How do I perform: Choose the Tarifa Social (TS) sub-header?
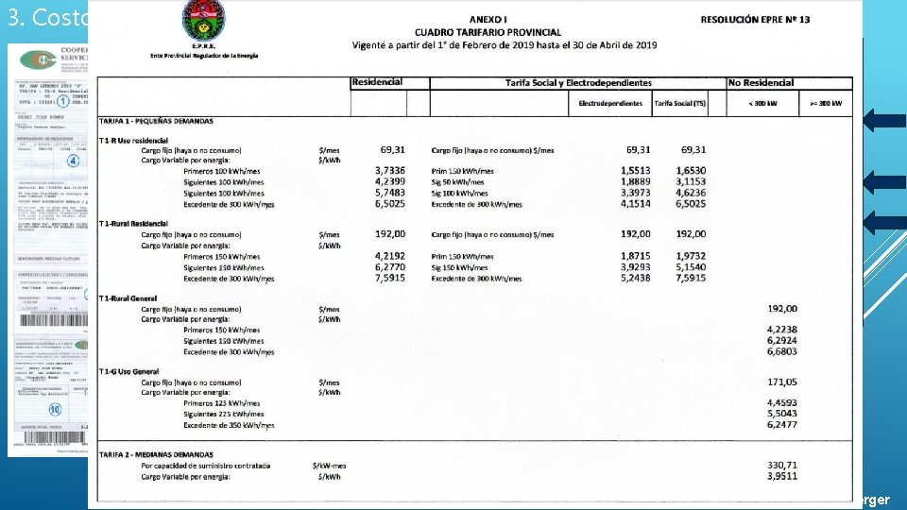click(x=678, y=103)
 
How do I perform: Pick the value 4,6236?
click(x=693, y=193)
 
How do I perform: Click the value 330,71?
click(x=783, y=466)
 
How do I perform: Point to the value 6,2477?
click(x=783, y=425)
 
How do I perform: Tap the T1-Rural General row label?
click(x=136, y=298)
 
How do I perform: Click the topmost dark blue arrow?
click(x=882, y=120)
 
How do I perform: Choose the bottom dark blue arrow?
click(x=882, y=222)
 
